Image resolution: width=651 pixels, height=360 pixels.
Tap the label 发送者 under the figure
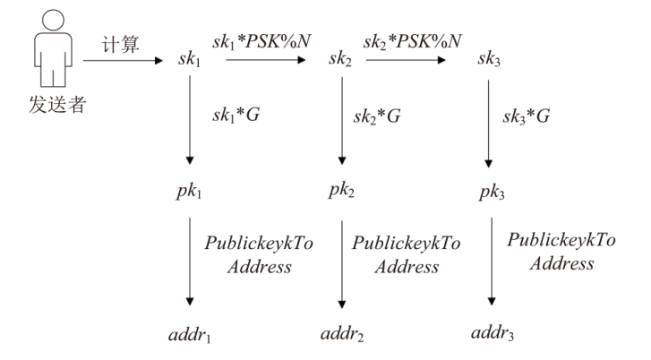(x=51, y=95)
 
